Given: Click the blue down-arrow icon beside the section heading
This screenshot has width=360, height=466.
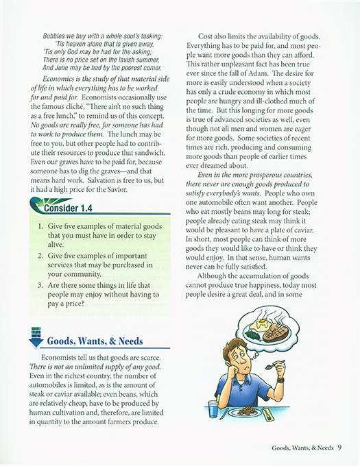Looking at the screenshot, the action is (35, 339).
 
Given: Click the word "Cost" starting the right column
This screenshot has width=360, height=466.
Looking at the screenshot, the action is (209, 36).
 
